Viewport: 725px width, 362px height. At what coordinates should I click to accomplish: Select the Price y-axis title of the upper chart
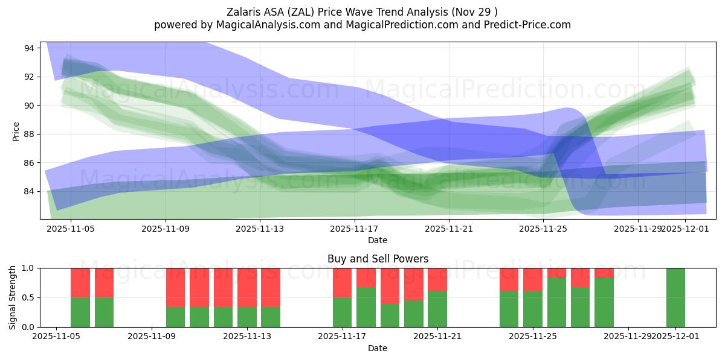click(16, 131)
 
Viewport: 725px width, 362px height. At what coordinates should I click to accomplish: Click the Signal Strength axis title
click(13, 297)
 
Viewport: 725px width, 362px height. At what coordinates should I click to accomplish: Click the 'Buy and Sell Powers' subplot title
click(378, 259)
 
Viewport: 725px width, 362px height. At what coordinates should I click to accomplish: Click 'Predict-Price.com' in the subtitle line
click(531, 25)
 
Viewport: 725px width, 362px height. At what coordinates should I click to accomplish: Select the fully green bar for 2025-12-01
click(675, 297)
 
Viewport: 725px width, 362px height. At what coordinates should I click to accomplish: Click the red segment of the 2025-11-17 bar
click(342, 282)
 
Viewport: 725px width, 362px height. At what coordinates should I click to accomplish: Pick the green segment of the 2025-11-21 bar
click(437, 309)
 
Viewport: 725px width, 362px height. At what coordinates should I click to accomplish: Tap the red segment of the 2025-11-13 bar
click(247, 287)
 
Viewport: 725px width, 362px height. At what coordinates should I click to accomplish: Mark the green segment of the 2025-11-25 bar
click(532, 309)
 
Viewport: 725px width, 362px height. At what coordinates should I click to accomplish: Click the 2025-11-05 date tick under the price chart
click(71, 229)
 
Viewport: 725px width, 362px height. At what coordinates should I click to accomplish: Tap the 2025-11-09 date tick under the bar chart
click(152, 337)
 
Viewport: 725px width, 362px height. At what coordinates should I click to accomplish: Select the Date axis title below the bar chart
click(378, 348)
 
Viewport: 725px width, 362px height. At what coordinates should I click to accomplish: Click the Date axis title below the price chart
click(378, 240)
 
